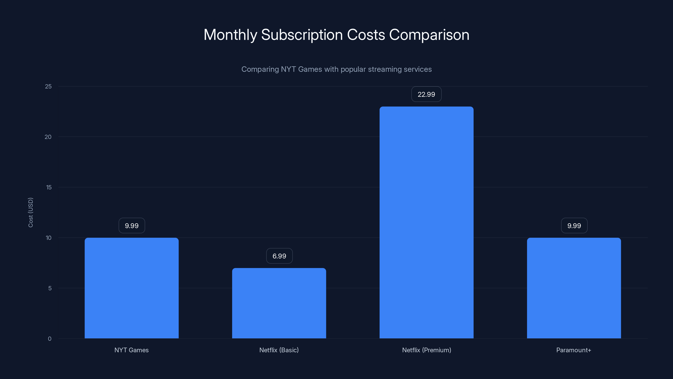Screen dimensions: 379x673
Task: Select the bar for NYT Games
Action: (132, 288)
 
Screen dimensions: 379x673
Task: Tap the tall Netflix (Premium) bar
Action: (426, 222)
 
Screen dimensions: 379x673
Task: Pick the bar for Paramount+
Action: (574, 288)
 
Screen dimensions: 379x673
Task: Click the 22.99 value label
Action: (426, 94)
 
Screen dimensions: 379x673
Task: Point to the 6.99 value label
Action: (279, 256)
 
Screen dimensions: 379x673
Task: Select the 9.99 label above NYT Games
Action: (132, 226)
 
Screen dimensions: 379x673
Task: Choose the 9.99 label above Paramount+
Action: (574, 226)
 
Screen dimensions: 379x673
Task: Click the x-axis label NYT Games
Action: (131, 350)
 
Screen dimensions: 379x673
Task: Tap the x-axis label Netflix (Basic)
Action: (279, 350)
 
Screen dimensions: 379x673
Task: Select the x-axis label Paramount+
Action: (574, 350)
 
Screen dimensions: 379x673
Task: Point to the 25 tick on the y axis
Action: (48, 86)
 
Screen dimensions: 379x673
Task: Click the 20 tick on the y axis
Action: (48, 137)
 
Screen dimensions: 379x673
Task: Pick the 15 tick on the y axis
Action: (49, 187)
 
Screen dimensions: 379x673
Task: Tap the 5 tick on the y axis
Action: (50, 288)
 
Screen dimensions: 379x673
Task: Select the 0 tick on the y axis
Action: (50, 339)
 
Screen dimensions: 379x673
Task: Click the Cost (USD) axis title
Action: (30, 212)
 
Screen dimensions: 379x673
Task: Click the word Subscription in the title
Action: (302, 35)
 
